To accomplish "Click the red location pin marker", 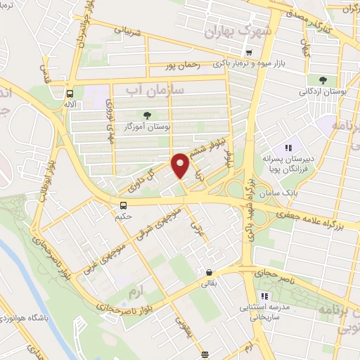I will pyautogui.click(x=181, y=165).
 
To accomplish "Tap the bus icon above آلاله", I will pyautogui.click(x=70, y=93).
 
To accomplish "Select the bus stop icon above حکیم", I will pyautogui.click(x=124, y=205).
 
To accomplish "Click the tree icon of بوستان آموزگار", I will pyautogui.click(x=147, y=115).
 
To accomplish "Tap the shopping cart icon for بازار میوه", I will pyautogui.click(x=248, y=53).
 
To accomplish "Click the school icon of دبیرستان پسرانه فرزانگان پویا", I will pyautogui.click(x=288, y=148).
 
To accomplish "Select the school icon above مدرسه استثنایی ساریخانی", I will pyautogui.click(x=264, y=296).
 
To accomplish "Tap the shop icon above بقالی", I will pyautogui.click(x=209, y=272).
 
